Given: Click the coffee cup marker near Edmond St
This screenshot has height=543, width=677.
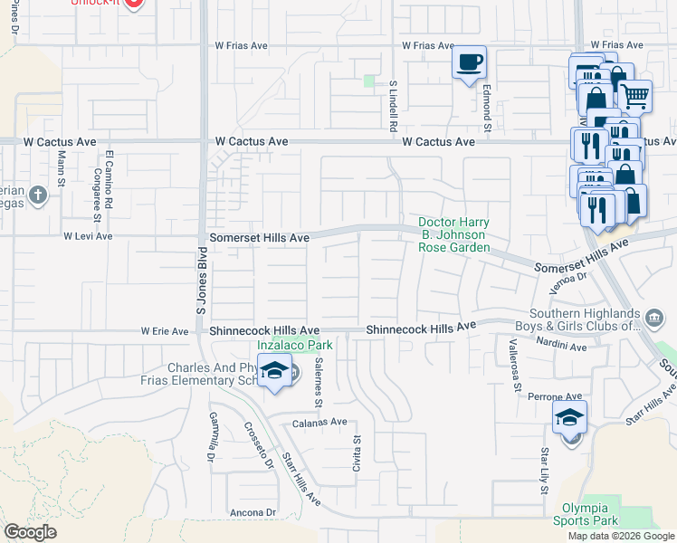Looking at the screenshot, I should [469, 63].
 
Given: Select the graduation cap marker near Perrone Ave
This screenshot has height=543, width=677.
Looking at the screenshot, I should [570, 418].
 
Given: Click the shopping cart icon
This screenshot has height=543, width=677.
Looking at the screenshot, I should [635, 94].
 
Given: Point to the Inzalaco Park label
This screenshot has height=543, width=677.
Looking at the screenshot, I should [295, 345].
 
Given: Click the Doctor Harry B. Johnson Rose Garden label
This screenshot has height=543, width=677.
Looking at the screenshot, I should [453, 235].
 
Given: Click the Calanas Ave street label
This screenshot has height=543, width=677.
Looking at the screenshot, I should [319, 422].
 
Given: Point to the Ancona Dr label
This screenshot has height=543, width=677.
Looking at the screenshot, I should [253, 512].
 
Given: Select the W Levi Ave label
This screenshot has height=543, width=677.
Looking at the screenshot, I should [88, 236].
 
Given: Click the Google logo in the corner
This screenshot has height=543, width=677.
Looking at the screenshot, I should [30, 532].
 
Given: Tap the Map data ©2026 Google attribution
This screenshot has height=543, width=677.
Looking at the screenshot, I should [622, 536].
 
